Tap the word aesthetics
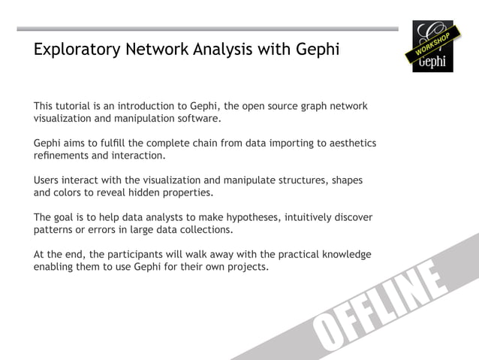350,143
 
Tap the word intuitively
308,217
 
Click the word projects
246,267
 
